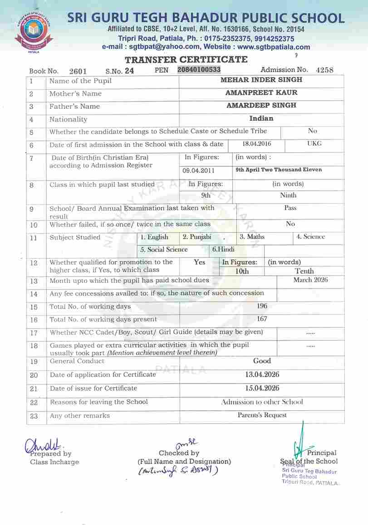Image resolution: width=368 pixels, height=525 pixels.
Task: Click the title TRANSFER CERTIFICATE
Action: [x=186, y=60]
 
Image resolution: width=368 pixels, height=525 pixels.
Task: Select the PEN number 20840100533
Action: [x=199, y=69]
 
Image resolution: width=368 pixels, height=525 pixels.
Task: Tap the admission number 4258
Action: [x=324, y=70]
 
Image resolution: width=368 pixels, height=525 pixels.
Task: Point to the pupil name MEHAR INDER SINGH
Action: [x=261, y=80]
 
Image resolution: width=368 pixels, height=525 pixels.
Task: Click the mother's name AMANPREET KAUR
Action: [x=261, y=92]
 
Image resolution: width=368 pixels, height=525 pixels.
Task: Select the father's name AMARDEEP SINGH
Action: [x=261, y=105]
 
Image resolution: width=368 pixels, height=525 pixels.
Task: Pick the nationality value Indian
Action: [x=261, y=118]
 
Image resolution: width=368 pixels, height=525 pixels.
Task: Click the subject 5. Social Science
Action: [x=164, y=249]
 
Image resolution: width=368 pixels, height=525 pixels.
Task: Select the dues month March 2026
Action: [x=310, y=280]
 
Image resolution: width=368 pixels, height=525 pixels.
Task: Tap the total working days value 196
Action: [x=262, y=306]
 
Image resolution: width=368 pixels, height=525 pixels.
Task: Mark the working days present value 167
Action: [x=262, y=319]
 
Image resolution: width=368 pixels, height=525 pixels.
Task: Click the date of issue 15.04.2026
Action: [x=262, y=388]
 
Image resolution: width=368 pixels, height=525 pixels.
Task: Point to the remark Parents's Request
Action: [x=262, y=415]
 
